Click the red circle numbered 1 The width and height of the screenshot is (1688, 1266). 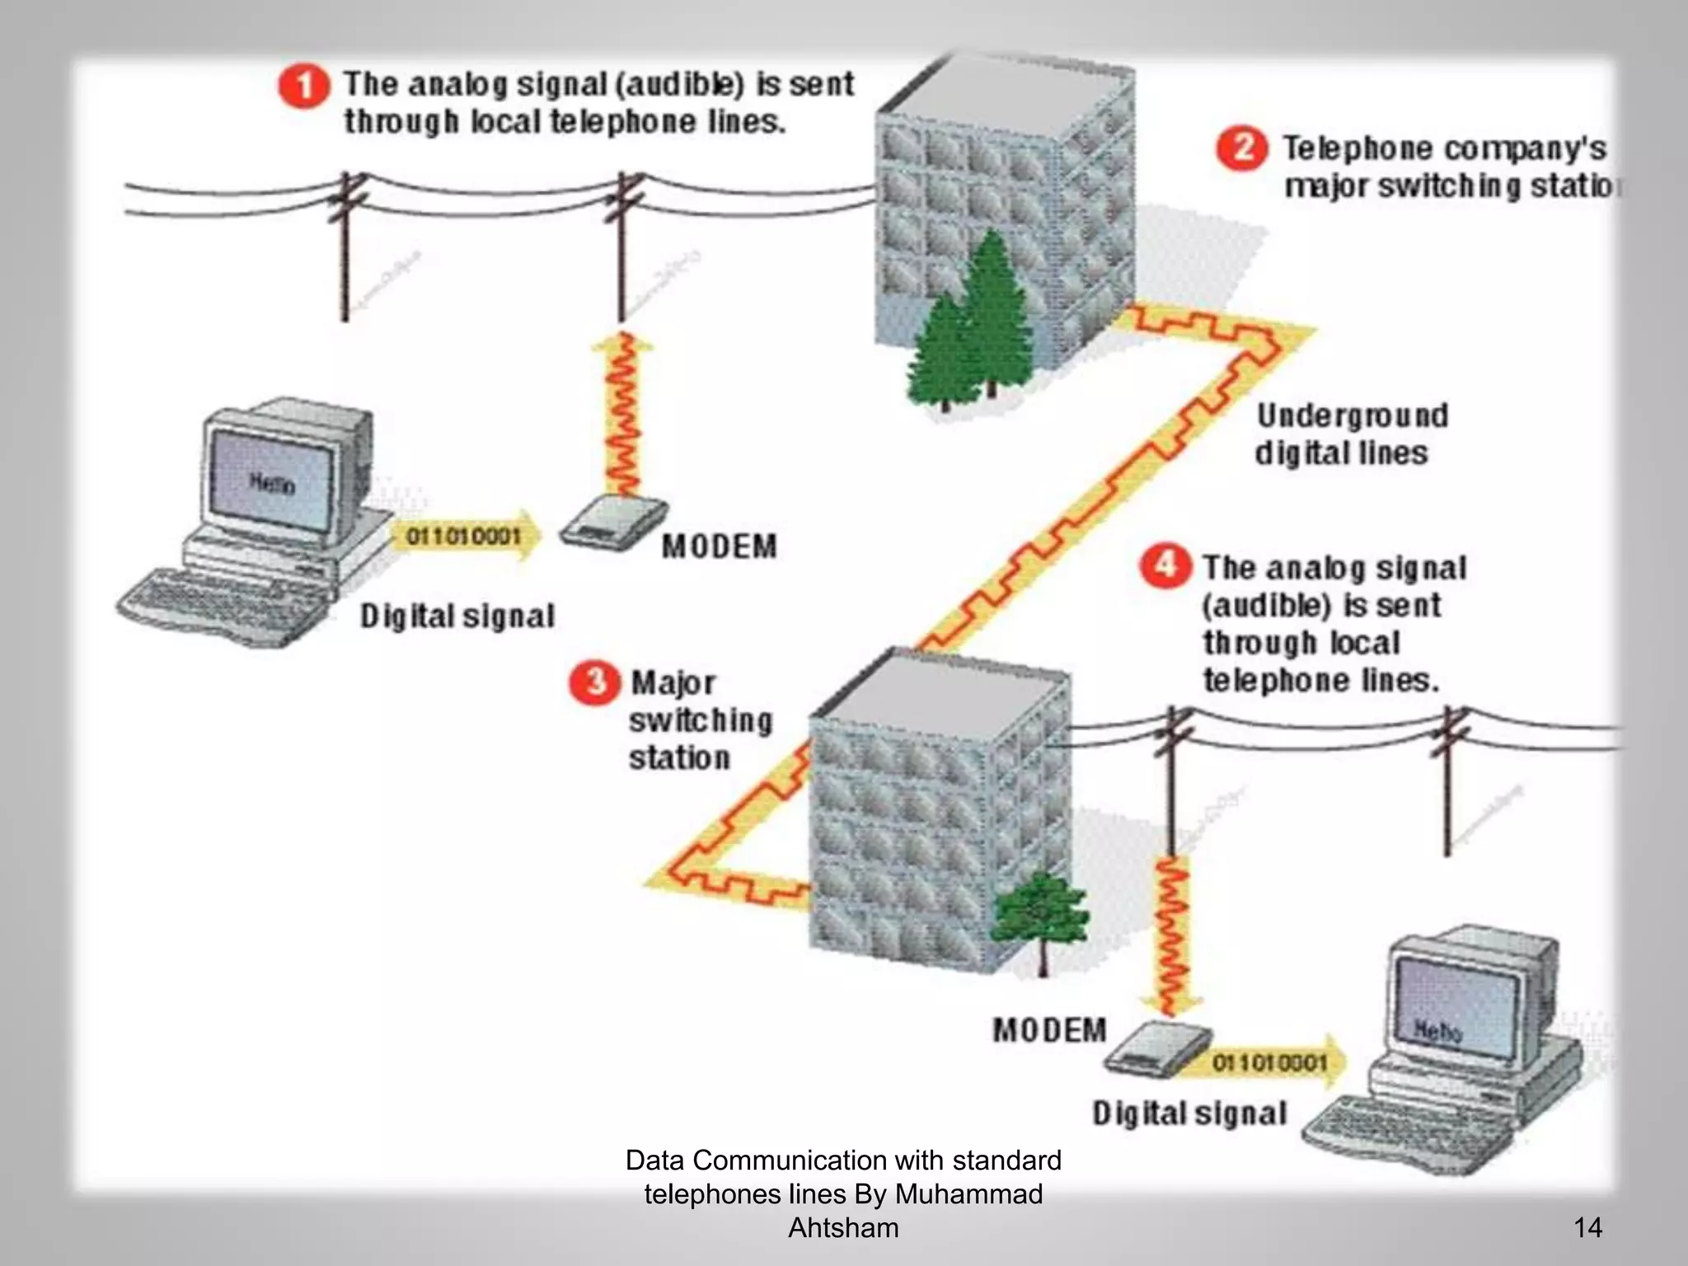[303, 87]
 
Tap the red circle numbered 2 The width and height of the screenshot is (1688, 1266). [1241, 148]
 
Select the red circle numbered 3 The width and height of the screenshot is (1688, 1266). [594, 682]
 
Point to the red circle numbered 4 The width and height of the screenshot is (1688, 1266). [1165, 566]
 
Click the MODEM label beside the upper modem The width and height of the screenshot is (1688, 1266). [719, 546]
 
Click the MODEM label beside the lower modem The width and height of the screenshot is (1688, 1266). [1049, 1030]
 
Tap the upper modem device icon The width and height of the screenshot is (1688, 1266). [613, 522]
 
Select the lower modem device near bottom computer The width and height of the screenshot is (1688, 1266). [1156, 1049]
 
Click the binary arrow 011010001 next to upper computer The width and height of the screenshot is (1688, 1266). [467, 537]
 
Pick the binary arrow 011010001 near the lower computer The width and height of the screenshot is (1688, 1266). [1273, 1063]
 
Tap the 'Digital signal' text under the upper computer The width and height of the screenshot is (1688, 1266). [457, 617]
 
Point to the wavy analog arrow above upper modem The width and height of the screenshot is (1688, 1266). [622, 412]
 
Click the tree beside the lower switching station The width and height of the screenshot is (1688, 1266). [1041, 915]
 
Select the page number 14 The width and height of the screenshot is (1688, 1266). [1587, 1227]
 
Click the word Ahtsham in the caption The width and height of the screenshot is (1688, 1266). [843, 1227]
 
